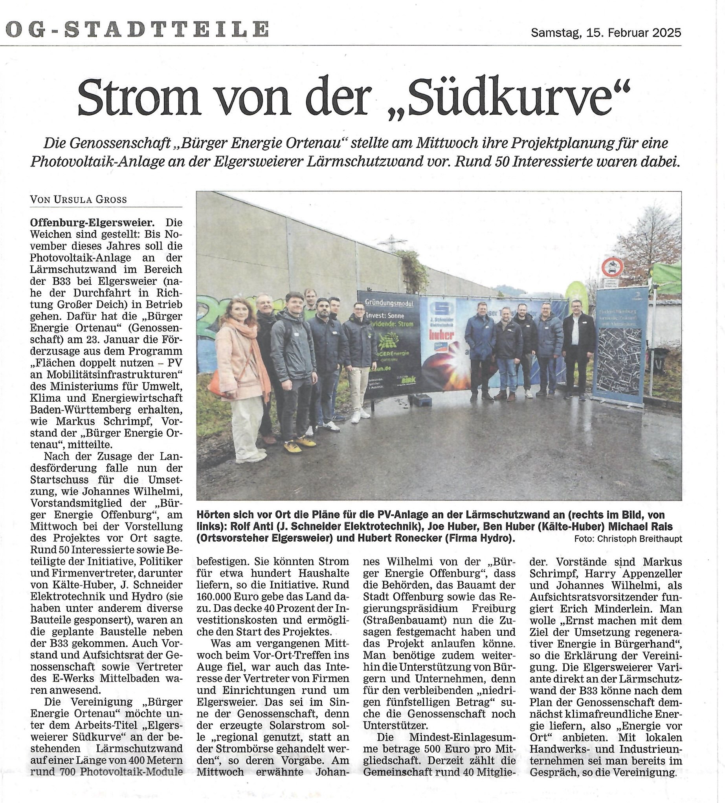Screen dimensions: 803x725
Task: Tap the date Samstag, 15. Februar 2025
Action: (606, 33)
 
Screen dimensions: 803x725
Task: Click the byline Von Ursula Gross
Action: (79, 199)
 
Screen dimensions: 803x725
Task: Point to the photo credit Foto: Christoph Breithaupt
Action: (628, 539)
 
